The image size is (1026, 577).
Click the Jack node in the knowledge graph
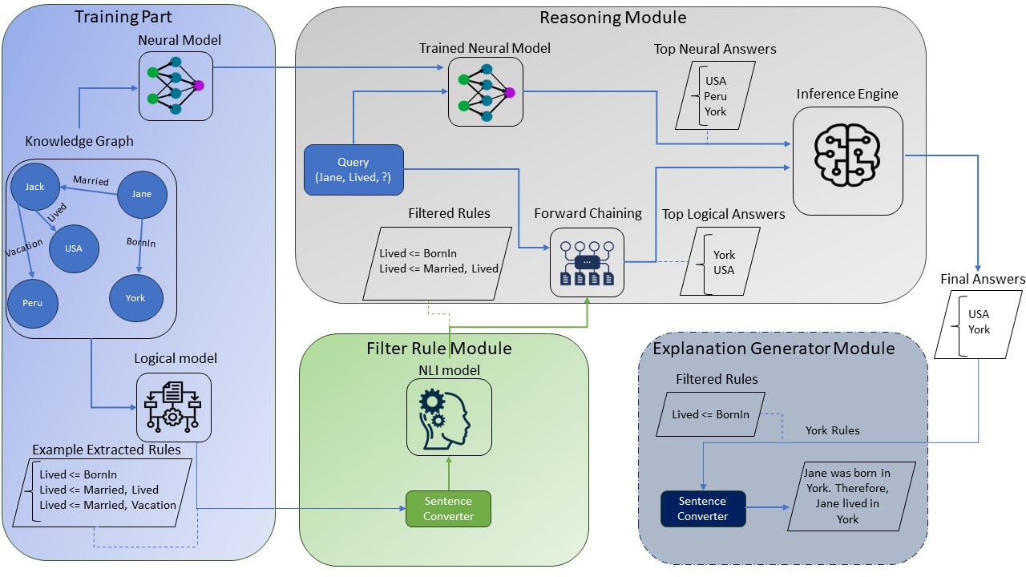(x=34, y=187)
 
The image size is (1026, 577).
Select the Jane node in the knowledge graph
(x=141, y=194)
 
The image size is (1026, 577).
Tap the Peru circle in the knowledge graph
(x=33, y=304)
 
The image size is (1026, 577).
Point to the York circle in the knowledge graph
(x=135, y=298)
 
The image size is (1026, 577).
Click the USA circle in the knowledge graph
(x=73, y=248)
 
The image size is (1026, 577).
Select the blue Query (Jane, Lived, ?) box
(x=353, y=170)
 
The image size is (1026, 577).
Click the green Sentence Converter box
(x=448, y=509)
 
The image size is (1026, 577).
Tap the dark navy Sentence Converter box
(x=702, y=509)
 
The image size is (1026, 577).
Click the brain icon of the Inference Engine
(x=847, y=160)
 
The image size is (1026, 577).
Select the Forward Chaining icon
(x=587, y=261)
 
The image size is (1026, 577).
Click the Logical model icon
(x=173, y=407)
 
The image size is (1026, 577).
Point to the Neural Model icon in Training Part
(x=176, y=86)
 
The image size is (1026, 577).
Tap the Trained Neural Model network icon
(x=485, y=92)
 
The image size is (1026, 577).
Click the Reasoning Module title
(x=612, y=18)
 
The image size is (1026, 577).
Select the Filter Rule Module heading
(x=438, y=349)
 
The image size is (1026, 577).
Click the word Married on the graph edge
(x=91, y=181)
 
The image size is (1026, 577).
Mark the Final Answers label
(x=983, y=280)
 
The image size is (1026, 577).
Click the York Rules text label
(x=832, y=431)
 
